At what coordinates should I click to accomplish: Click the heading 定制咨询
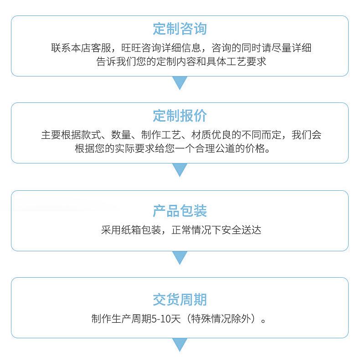coord(180,29)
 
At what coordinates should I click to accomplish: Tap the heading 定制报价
coord(180,116)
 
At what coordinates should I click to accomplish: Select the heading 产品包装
coord(180,211)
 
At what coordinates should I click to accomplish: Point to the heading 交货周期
coord(180,300)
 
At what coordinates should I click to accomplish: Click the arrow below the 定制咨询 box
coord(180,82)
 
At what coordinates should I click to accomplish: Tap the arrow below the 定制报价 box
coord(180,169)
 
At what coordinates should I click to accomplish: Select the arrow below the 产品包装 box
coord(180,257)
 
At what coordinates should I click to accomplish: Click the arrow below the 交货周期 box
coord(180,345)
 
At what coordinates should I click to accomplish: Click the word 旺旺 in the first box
coord(131,48)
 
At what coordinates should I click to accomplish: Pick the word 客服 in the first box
coord(101,48)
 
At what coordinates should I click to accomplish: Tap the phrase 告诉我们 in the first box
coord(116,61)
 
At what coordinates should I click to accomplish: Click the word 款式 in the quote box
coord(91,135)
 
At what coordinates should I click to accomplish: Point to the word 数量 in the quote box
coord(121,135)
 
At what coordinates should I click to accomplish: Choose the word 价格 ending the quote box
coord(255,148)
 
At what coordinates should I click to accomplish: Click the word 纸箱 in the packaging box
coord(131,230)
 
